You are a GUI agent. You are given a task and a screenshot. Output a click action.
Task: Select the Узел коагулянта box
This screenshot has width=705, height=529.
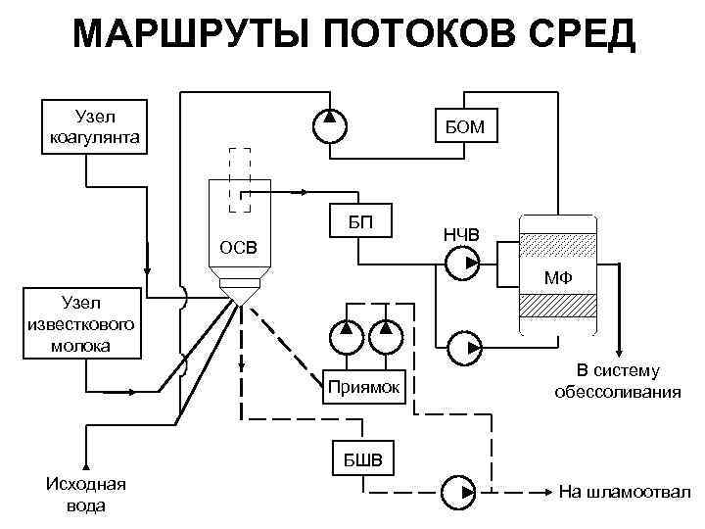click(x=94, y=126)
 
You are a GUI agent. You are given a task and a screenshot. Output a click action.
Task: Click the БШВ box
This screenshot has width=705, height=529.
click(x=362, y=459)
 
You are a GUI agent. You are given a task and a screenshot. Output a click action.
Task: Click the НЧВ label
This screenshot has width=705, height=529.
click(x=460, y=234)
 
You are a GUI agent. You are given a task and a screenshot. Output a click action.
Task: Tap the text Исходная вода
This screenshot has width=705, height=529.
click(x=86, y=495)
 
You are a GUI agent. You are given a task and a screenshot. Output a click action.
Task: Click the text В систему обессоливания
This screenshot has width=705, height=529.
click(x=618, y=381)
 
